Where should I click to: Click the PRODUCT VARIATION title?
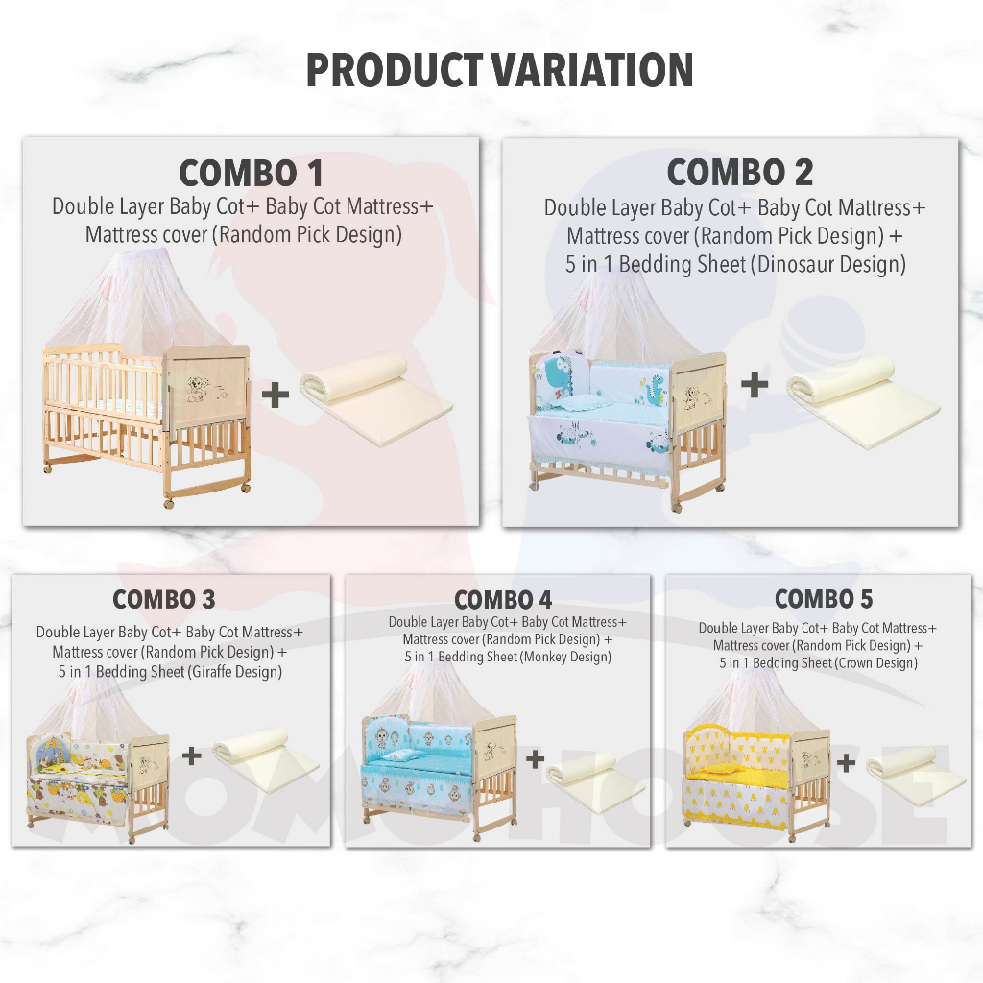click(x=499, y=69)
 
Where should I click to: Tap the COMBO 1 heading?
click(x=251, y=173)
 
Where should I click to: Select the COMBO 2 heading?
click(x=740, y=172)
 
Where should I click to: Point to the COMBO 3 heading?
click(x=164, y=599)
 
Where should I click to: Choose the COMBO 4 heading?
click(x=503, y=600)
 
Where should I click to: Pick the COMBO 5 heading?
click(x=823, y=599)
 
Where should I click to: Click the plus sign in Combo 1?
click(x=276, y=395)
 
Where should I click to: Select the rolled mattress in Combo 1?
click(x=376, y=398)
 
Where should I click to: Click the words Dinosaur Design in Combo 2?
click(x=831, y=264)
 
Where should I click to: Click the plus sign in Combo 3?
click(x=192, y=755)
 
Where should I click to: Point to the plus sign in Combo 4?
click(x=535, y=759)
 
